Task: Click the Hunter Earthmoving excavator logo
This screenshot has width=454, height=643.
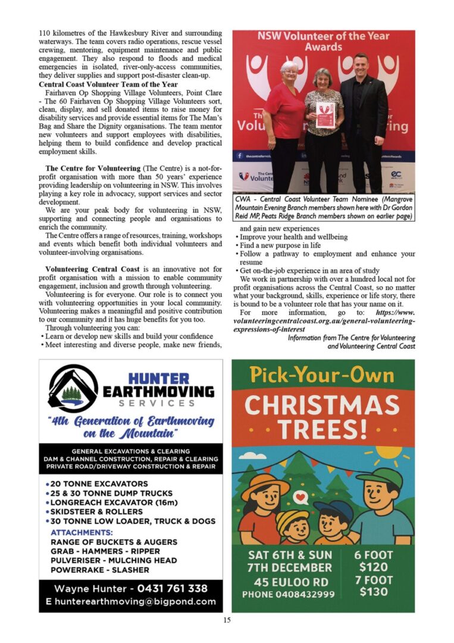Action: click(x=73, y=389)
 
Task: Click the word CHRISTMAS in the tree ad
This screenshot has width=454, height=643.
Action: click(x=322, y=406)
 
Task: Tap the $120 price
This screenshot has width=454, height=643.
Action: click(x=373, y=567)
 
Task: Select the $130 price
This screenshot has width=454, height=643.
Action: click(x=373, y=592)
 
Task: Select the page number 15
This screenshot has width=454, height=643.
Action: click(x=227, y=620)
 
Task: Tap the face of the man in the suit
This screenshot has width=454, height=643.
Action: click(x=361, y=65)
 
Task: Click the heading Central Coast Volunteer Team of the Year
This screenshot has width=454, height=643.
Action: click(x=108, y=85)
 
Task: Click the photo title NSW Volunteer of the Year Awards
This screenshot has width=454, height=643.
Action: click(x=323, y=41)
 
